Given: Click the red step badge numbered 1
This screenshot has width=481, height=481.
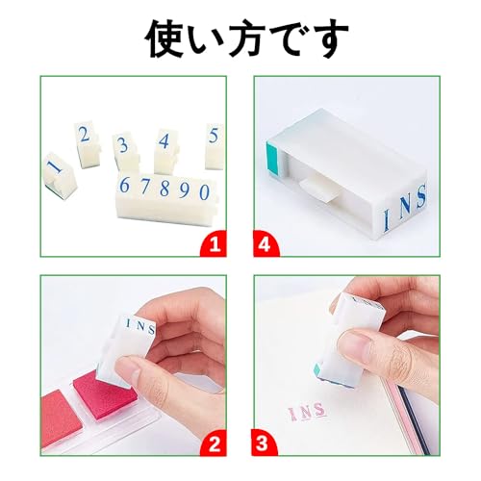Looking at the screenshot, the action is (214, 244).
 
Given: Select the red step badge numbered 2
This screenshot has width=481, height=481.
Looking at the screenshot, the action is (214, 443).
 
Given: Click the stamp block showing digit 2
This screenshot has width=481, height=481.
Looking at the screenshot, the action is (87, 145).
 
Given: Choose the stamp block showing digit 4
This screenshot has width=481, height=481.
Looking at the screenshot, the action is (165, 150).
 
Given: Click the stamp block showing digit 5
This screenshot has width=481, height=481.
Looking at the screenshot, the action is (215, 146).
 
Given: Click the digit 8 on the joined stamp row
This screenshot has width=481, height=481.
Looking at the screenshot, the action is (165, 189).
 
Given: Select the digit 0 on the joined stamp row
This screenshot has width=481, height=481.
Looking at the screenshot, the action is (204, 192).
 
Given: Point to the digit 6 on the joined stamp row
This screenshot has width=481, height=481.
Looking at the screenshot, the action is (124, 185).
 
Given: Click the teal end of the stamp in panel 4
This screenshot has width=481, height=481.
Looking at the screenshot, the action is (272, 160).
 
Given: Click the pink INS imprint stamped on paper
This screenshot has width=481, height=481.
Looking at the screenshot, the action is (307, 411).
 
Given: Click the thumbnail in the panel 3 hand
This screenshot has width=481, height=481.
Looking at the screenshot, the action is (357, 343).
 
